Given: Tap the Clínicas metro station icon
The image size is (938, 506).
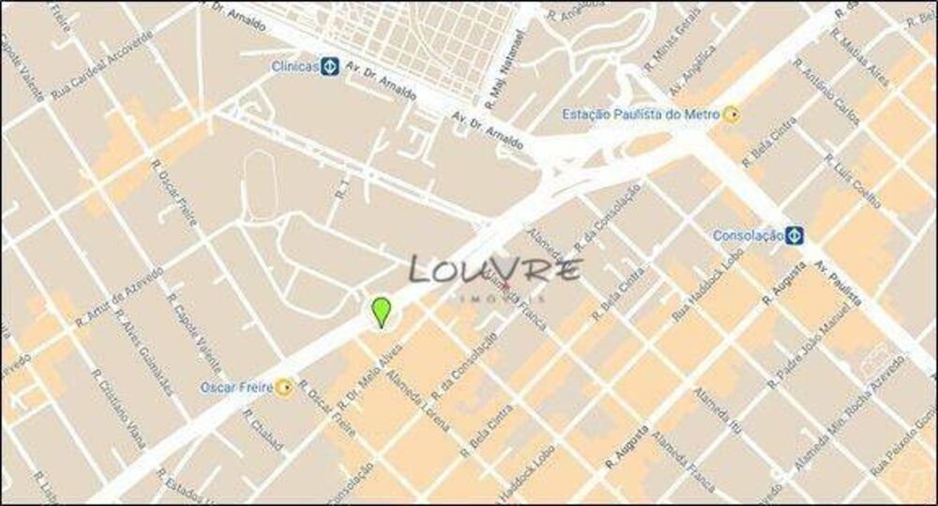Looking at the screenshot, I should click(x=329, y=67).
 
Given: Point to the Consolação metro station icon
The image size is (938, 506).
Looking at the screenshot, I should click(x=794, y=234).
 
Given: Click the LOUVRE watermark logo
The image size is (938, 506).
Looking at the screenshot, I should click(x=495, y=272).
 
